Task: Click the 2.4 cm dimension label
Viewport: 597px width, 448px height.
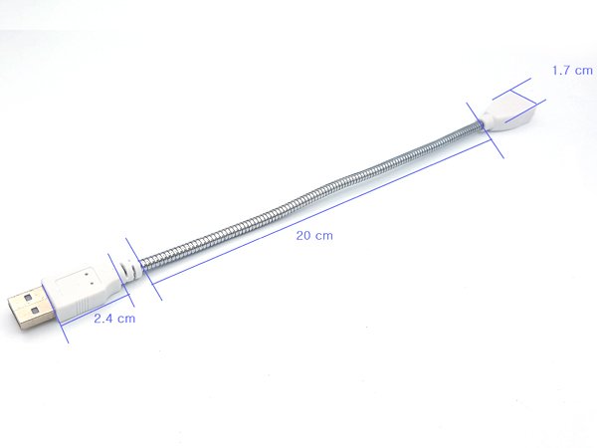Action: pos(113,319)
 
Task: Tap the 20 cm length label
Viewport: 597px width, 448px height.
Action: pos(313,236)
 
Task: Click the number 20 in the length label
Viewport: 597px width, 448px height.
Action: pos(303,236)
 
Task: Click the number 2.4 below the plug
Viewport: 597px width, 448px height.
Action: pos(103,319)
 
